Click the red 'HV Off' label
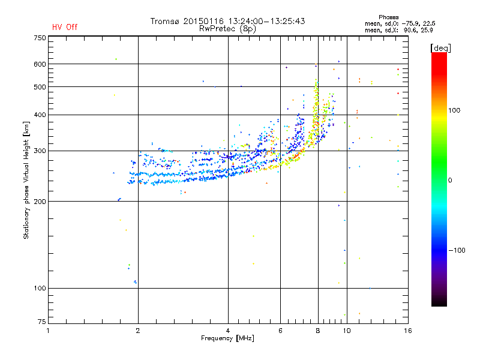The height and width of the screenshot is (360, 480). click(65, 27)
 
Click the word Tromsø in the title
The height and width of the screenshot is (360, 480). click(165, 21)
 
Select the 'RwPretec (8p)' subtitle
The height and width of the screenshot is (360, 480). click(227, 29)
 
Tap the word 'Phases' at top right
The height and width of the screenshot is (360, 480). click(388, 17)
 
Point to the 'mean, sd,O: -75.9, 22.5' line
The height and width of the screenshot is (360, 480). click(400, 23)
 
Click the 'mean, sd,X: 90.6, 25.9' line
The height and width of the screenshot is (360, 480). click(398, 30)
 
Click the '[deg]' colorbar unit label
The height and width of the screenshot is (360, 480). click(440, 48)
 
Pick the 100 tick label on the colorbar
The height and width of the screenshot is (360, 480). click(454, 110)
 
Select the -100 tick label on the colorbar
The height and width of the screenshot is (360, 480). click(457, 250)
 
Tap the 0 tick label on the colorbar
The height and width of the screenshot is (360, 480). click(450, 180)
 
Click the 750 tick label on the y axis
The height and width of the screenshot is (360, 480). click(40, 38)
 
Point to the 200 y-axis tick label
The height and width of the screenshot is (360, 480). click(40, 202)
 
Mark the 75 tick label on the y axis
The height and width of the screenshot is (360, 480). click(41, 322)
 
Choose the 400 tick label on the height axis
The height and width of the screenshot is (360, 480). click(40, 115)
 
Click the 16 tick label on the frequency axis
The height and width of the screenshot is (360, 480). click(408, 331)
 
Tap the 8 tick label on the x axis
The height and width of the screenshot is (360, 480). click(318, 331)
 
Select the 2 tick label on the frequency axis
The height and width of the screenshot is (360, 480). click(138, 331)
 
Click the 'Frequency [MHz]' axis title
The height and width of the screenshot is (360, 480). click(227, 338)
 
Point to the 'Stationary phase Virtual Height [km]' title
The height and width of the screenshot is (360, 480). click(26, 180)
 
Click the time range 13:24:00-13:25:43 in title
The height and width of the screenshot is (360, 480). click(266, 21)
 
